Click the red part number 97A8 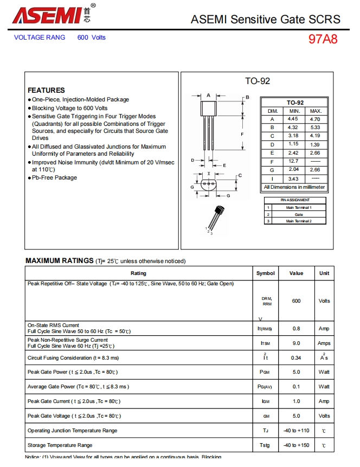323,40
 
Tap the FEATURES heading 46,90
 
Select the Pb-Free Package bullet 54,178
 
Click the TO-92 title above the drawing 257,81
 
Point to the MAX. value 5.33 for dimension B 315,127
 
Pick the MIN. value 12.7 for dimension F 293,161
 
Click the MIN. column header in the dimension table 294,111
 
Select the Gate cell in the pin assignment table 299,214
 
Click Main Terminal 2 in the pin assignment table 299,221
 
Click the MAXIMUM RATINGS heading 60,261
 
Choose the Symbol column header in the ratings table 266,273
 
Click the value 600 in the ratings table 296,301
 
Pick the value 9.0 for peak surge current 296,343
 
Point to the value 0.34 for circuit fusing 296,358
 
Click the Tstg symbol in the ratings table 266,445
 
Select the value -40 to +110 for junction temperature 296,431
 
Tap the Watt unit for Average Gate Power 324,387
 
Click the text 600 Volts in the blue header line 92,37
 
